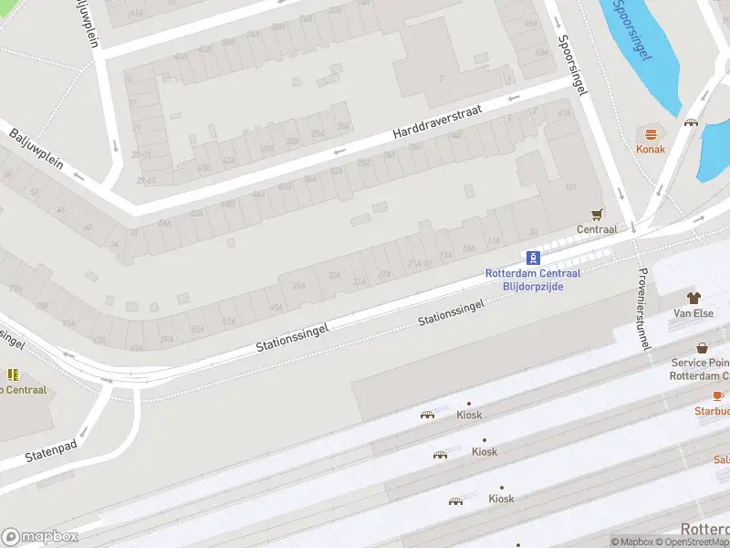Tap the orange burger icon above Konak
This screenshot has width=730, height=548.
pyautogui.click(x=651, y=133)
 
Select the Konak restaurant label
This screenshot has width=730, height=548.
pyautogui.click(x=651, y=149)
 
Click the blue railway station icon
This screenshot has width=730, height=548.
pyautogui.click(x=535, y=258)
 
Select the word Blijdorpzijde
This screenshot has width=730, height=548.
pyautogui.click(x=534, y=286)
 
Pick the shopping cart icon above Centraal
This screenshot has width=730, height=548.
pyautogui.click(x=598, y=215)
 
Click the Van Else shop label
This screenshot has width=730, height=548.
pyautogui.click(x=693, y=313)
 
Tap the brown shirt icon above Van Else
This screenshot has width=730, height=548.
pyautogui.click(x=693, y=298)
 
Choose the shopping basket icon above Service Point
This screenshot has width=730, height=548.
pyautogui.click(x=702, y=348)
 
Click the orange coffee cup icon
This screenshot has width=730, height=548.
pyautogui.click(x=718, y=395)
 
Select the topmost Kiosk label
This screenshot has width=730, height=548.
pyautogui.click(x=469, y=415)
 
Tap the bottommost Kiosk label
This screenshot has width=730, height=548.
pyautogui.click(x=501, y=499)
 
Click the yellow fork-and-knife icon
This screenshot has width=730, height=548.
pyautogui.click(x=13, y=374)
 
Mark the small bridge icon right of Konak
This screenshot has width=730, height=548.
pyautogui.click(x=691, y=122)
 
